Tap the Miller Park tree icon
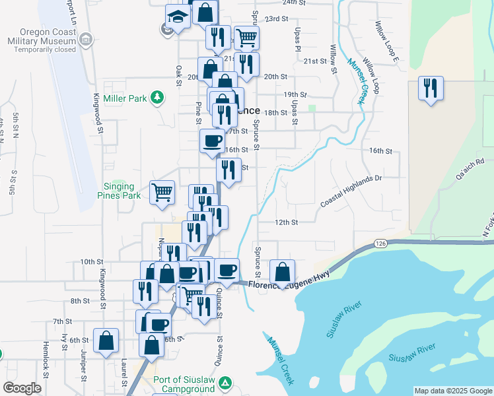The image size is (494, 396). tap(157, 98)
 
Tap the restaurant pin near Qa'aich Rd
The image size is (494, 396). tap(431, 89)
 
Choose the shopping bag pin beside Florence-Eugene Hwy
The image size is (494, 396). tap(282, 272)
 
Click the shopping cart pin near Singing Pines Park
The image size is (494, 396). tap(162, 193)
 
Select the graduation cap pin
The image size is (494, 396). tap(177, 16)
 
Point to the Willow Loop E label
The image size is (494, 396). tap(387, 42)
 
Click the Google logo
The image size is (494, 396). tap(22, 388)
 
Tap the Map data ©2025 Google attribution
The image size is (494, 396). tap(452, 391)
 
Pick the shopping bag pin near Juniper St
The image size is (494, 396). tap(106, 343)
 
